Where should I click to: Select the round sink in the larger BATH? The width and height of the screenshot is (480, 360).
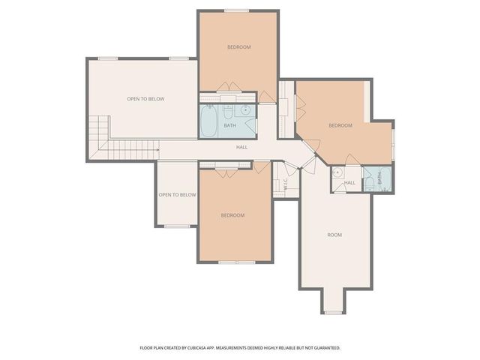[x=245, y=110]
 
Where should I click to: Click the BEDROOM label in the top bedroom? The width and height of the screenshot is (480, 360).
[x=238, y=47]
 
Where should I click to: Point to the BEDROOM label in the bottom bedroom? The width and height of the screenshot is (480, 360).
[x=232, y=215]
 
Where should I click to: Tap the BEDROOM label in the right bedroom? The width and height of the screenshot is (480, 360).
[x=340, y=125]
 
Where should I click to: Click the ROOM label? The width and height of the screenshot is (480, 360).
[x=334, y=235]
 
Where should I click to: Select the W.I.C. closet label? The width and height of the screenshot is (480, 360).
[x=286, y=187]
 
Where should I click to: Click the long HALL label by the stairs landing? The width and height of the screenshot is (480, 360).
[x=241, y=147]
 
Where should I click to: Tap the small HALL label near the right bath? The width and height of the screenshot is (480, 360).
[x=349, y=182]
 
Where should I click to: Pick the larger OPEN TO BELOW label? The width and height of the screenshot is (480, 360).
[x=145, y=99]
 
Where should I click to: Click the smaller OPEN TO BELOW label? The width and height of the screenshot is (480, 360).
[x=177, y=195]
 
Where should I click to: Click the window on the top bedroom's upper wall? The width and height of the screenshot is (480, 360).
[x=238, y=10]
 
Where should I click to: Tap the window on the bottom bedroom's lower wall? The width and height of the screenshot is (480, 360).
[x=235, y=262]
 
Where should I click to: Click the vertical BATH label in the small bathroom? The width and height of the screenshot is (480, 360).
[x=379, y=178]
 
